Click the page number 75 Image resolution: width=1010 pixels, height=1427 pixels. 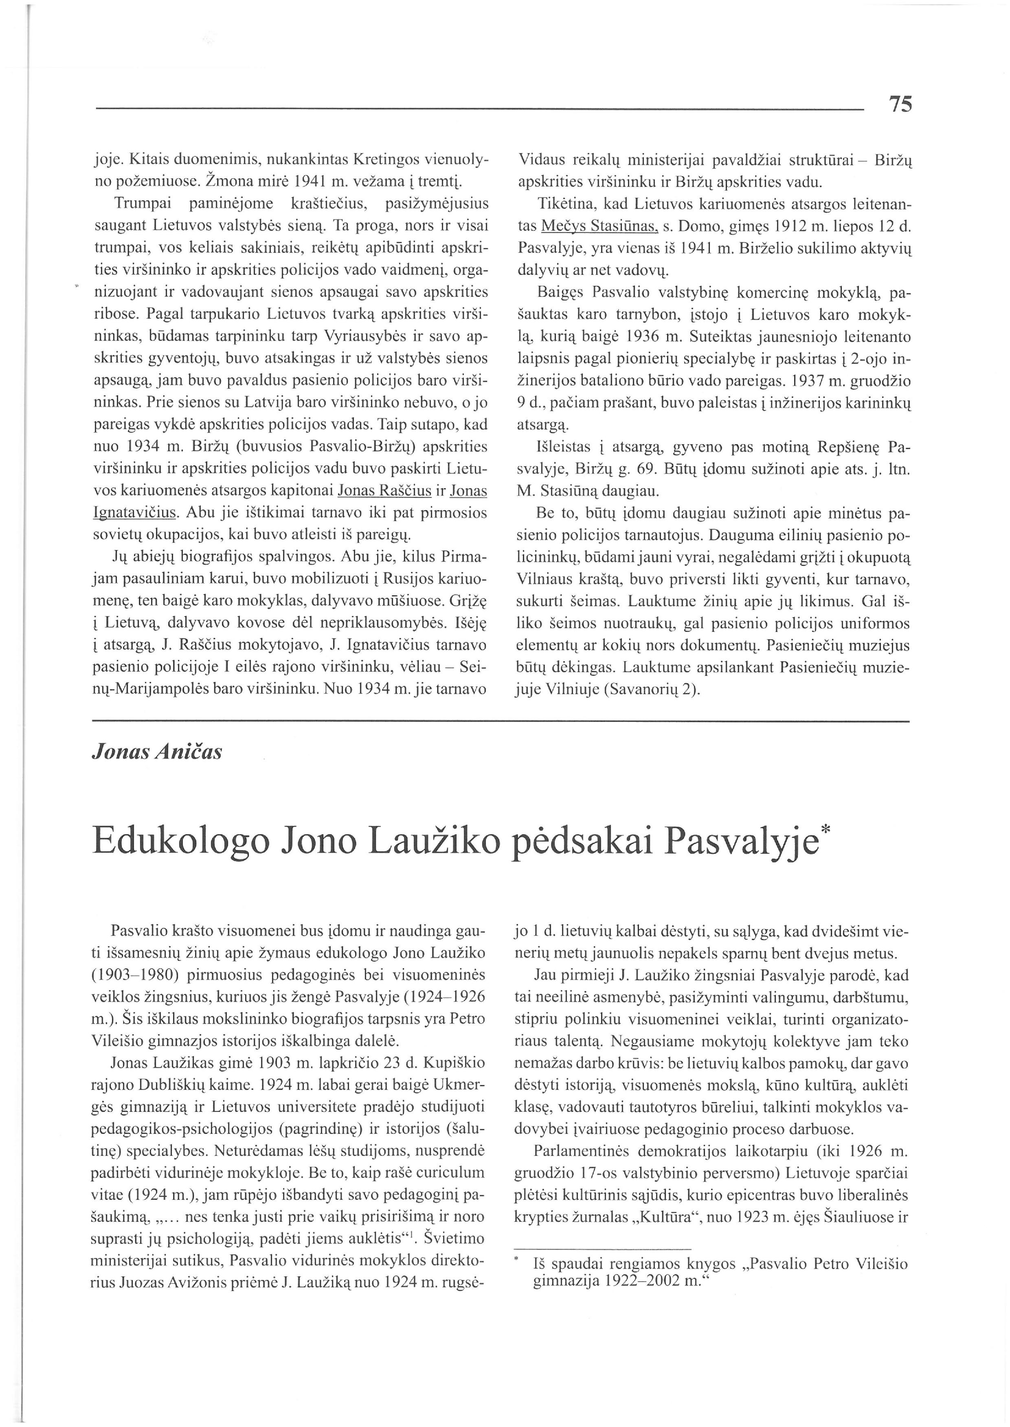[x=900, y=104]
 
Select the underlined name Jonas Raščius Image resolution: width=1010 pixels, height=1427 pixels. [x=384, y=491]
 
